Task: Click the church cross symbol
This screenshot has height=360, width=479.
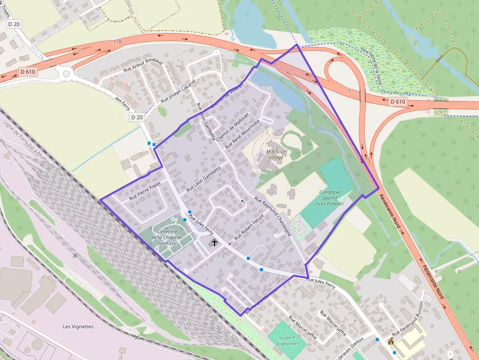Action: coord(214,242)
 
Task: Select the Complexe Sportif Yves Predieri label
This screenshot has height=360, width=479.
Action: coord(329,198)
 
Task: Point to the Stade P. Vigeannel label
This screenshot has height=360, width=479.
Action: coord(287,341)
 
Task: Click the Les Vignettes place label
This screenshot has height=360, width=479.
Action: coord(78,326)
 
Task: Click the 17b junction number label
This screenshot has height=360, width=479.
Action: coord(117,42)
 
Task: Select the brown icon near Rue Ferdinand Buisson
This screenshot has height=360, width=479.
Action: coord(391,342)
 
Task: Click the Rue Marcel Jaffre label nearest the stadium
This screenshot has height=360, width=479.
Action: coord(303,328)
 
